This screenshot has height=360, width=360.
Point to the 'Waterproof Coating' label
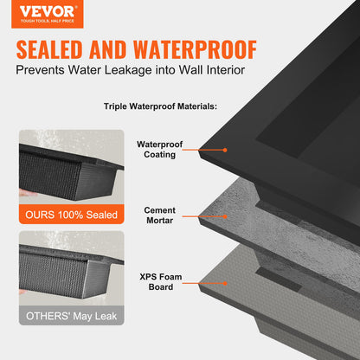click(157, 151)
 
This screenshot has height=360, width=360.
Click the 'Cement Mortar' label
click(159, 215)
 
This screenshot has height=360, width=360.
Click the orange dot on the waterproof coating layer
click(225, 150)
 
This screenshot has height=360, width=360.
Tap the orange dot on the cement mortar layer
click(225, 215)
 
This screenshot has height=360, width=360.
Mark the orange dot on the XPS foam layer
click(225, 282)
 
